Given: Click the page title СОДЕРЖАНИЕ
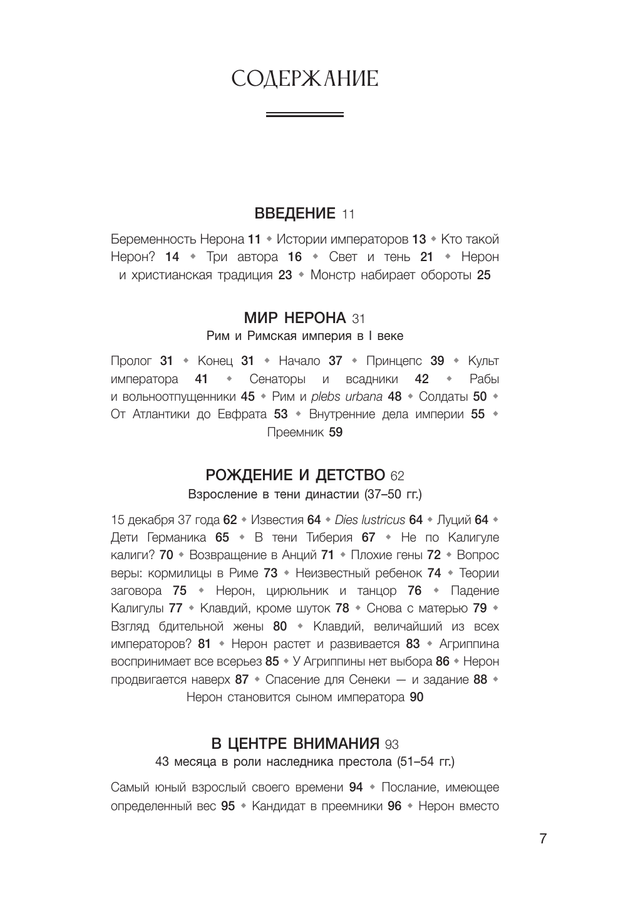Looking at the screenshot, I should point(304,80).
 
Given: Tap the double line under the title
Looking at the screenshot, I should point(304,115).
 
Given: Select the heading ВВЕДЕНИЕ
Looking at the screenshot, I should point(295,214).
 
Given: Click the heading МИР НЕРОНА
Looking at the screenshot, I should point(294,317).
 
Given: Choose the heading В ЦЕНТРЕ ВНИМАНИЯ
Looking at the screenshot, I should point(296,744).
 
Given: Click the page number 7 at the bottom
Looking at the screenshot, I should point(543,839).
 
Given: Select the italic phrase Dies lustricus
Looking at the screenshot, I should point(370,520).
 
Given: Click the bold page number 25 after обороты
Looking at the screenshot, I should point(483,275).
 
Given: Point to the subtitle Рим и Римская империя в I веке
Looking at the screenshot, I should point(305,336).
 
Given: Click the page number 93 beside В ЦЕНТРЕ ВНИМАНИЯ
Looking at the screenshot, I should point(392,744).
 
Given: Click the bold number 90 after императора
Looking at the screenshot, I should point(416,697).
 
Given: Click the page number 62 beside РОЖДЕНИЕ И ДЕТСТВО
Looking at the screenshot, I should point(397,476).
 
